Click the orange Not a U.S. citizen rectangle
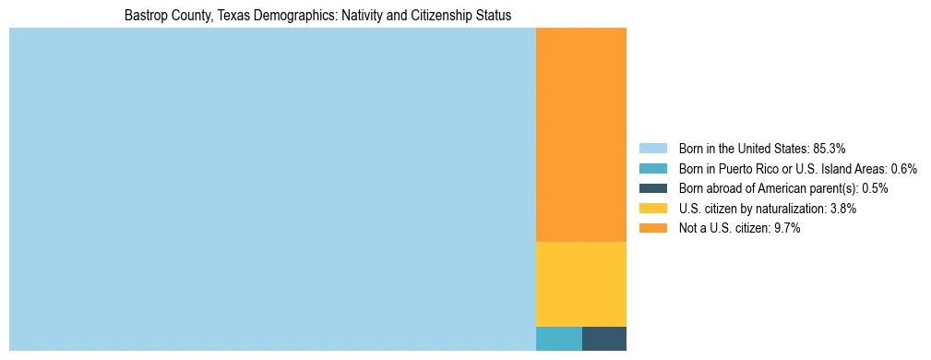tap(580, 135)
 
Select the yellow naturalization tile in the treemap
tap(580, 283)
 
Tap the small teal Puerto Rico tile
tap(558, 338)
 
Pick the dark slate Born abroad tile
tap(603, 338)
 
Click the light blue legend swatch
tap(652, 148)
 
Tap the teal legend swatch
tap(652, 168)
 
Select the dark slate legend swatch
tap(652, 188)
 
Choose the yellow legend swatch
tap(652, 209)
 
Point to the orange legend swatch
tap(652, 229)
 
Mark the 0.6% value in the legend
tap(904, 168)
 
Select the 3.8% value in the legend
tap(841, 209)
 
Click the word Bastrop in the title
tap(146, 16)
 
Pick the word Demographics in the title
tap(292, 16)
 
